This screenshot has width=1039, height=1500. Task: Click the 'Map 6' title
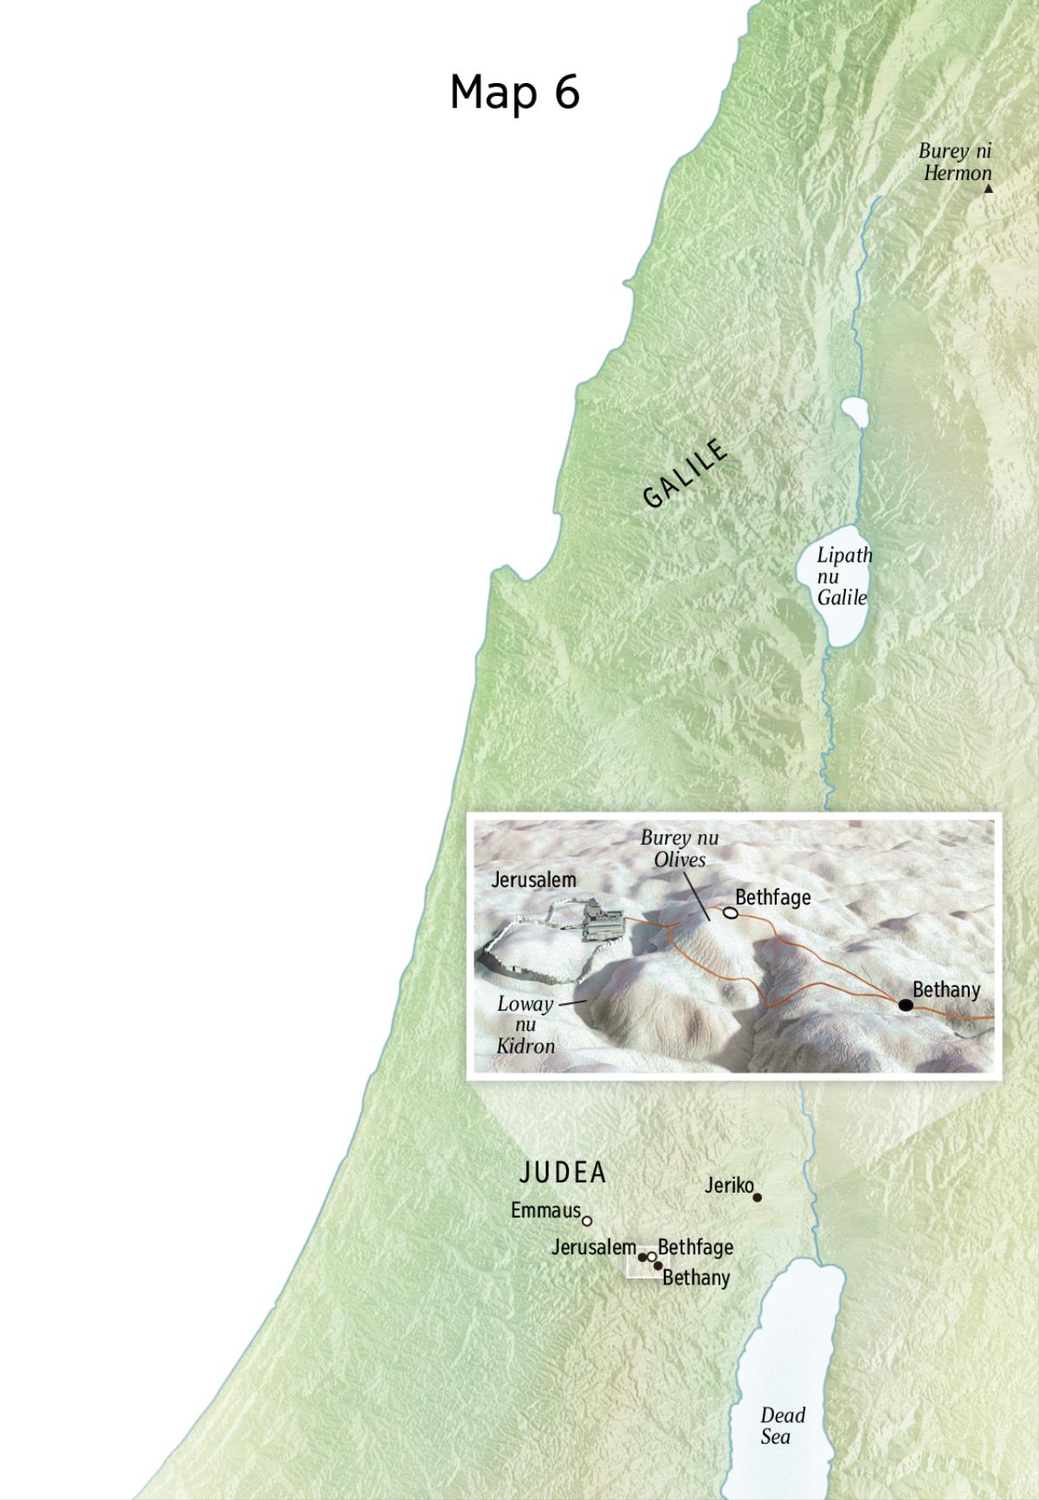click(514, 92)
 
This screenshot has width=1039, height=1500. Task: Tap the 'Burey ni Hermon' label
click(956, 162)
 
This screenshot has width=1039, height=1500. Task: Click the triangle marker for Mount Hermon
click(988, 188)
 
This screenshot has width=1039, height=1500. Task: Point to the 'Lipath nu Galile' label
click(843, 576)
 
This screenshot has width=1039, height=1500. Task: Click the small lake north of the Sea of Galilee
click(855, 412)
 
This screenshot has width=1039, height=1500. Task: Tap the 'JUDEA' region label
click(563, 1173)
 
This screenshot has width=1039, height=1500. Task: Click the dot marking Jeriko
click(758, 1197)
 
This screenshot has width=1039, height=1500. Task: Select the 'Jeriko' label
click(729, 1185)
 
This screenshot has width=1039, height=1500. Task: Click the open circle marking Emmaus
click(587, 1220)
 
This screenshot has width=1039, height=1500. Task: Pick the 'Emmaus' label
click(545, 1210)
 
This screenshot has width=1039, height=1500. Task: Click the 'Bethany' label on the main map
click(696, 1278)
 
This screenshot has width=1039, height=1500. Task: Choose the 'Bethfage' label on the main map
click(695, 1247)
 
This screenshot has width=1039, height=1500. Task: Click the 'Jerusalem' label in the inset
click(533, 879)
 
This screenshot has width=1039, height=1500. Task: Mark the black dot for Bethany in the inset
click(905, 1005)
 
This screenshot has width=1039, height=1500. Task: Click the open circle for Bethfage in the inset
click(731, 913)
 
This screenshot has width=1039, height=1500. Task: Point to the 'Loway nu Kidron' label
click(526, 1025)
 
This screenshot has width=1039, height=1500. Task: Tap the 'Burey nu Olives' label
click(680, 848)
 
